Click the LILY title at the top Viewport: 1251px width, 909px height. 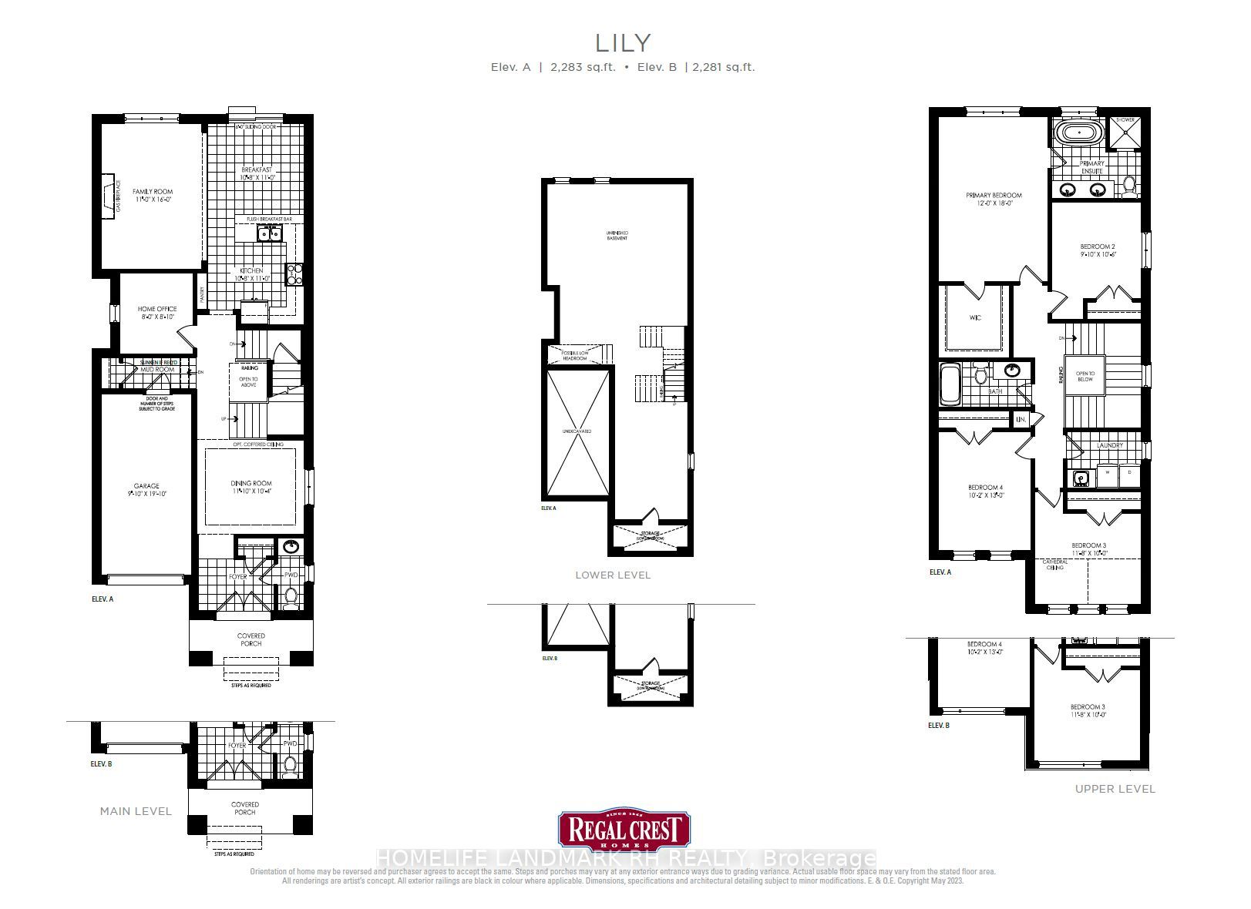(x=622, y=42)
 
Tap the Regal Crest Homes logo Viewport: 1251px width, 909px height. (x=624, y=830)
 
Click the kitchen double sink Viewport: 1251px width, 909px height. (x=268, y=234)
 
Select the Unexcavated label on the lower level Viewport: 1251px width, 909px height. (x=577, y=431)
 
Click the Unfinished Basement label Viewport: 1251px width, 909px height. (x=617, y=236)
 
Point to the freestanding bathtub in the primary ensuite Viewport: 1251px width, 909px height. (x=1078, y=132)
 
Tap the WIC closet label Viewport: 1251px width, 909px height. (x=975, y=317)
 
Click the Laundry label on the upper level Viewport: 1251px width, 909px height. (x=1109, y=445)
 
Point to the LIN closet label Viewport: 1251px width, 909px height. (x=1021, y=420)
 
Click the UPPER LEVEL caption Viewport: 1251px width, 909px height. (x=1115, y=789)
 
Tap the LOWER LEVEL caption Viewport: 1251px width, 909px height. (x=613, y=575)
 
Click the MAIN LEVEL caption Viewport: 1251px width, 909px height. (x=136, y=811)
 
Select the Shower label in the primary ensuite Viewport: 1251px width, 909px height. (x=1125, y=120)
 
